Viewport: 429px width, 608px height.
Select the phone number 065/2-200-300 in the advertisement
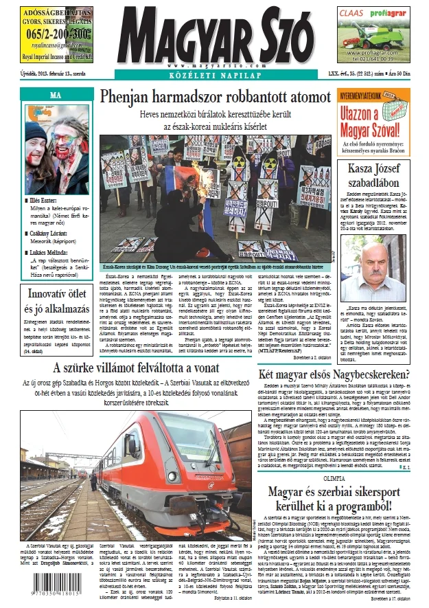[x=56, y=32]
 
